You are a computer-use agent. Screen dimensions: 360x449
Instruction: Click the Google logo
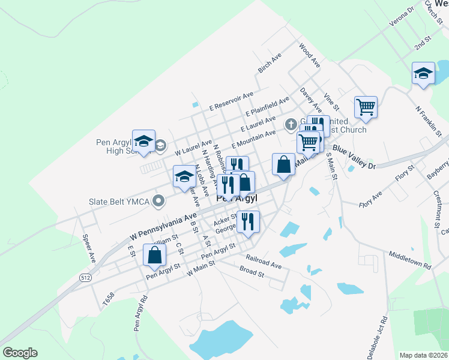coord(20,353)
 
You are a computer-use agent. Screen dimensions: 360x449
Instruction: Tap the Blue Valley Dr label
coord(354,157)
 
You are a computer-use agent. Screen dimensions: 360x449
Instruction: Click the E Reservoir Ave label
coord(231,101)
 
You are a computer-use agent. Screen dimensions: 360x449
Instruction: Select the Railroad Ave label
coord(264,261)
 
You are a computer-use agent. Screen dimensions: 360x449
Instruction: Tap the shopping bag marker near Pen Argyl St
coord(155,254)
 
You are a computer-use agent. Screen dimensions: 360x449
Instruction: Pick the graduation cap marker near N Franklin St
coord(423,73)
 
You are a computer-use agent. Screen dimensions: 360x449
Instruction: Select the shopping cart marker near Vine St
coord(366,107)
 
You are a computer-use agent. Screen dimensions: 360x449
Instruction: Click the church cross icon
coord(291,124)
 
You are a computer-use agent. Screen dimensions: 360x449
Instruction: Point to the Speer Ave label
coord(89,247)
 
